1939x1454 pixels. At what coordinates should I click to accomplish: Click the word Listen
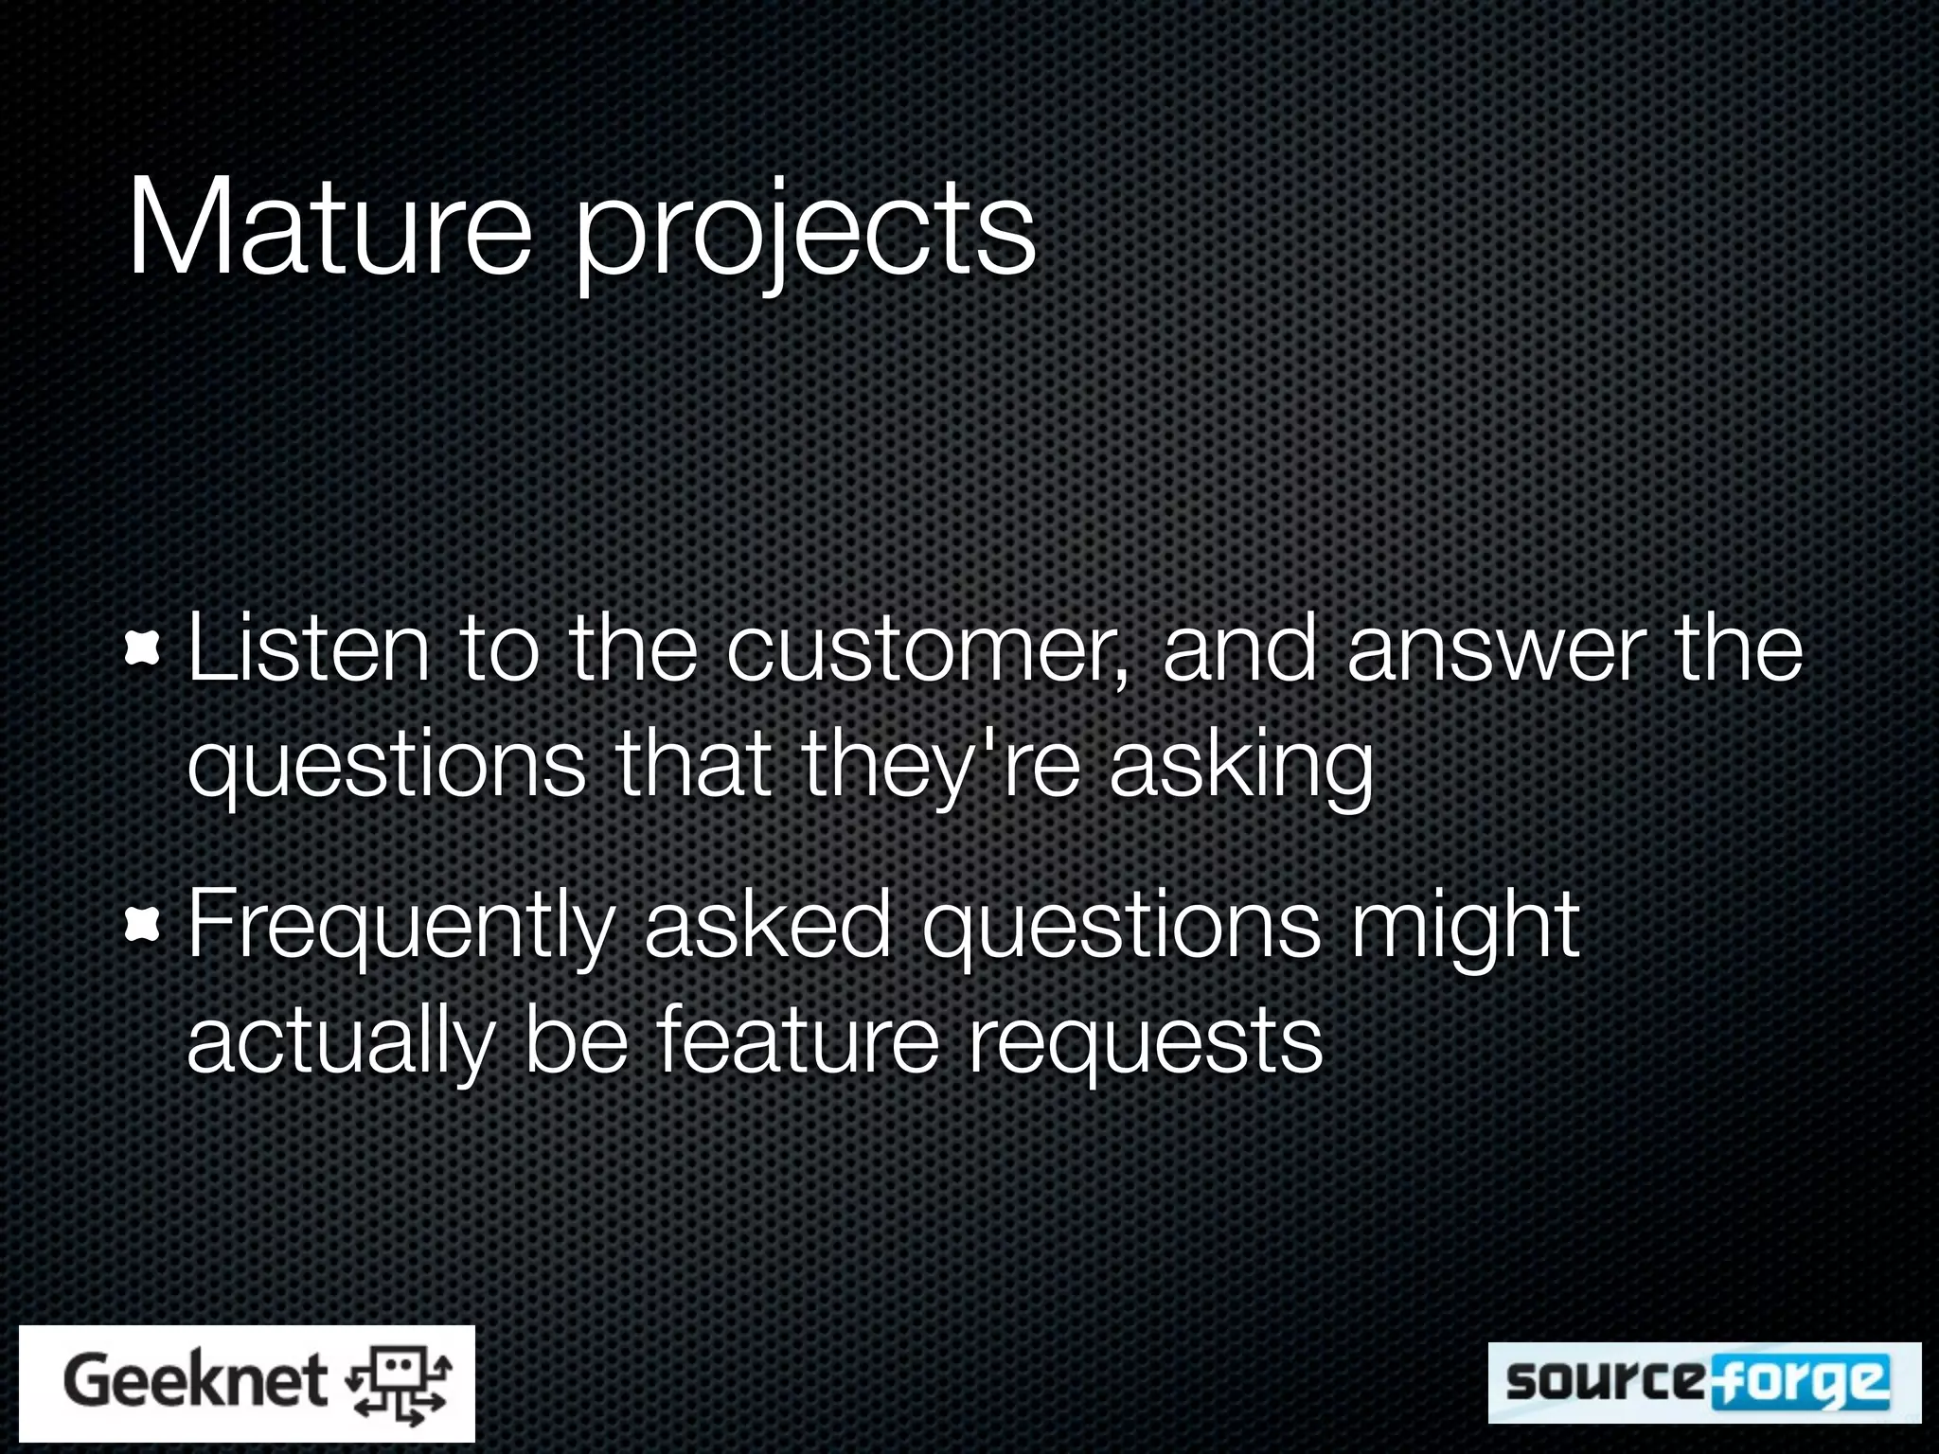tap(309, 649)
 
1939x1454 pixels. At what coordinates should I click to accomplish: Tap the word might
tap(1465, 928)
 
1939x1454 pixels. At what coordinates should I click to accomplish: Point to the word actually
tap(341, 1041)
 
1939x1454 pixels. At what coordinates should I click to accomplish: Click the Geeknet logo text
tap(195, 1381)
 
